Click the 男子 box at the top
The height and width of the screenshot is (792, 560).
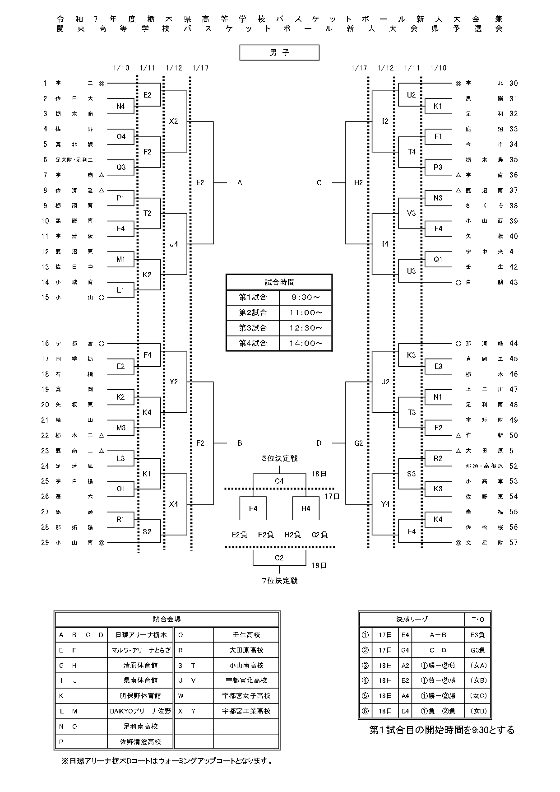(x=279, y=52)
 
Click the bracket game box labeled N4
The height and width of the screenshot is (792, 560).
(x=120, y=107)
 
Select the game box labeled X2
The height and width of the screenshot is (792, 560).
(x=174, y=121)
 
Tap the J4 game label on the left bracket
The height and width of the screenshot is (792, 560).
(x=174, y=244)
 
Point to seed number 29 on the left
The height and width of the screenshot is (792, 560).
(x=45, y=542)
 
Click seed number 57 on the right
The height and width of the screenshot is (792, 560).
(x=514, y=542)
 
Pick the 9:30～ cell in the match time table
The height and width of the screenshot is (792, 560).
(x=305, y=297)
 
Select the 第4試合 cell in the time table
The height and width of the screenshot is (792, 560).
(x=253, y=343)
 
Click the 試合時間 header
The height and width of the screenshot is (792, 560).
(x=279, y=282)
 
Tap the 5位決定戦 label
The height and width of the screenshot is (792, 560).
(x=280, y=458)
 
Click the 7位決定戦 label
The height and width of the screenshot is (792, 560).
(x=280, y=581)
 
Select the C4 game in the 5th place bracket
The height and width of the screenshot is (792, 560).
(x=279, y=481)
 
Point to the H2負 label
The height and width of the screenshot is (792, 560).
(x=293, y=535)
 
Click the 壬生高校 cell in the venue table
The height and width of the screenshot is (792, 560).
(x=246, y=634)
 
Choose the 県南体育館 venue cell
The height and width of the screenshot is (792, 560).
(x=141, y=680)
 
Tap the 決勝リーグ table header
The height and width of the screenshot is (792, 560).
(x=412, y=620)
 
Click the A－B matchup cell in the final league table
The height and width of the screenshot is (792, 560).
(x=438, y=634)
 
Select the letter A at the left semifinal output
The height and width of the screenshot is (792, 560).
(x=240, y=182)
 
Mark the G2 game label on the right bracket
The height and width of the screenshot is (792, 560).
(x=359, y=443)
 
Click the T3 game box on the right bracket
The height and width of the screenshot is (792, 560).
(x=412, y=412)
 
